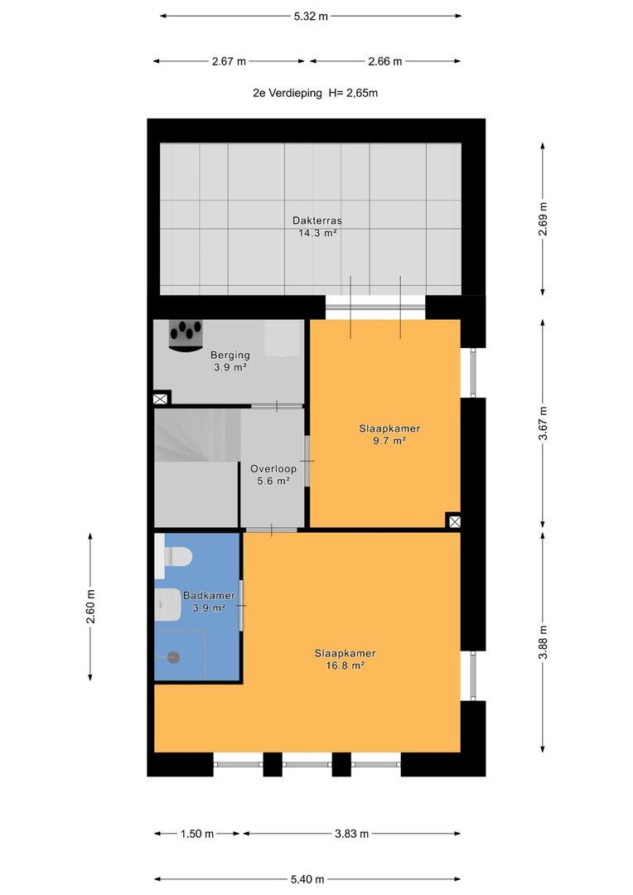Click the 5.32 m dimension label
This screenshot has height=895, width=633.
pyautogui.click(x=311, y=17)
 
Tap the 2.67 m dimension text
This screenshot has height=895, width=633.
pyautogui.click(x=229, y=61)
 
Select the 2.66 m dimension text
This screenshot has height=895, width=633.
pyautogui.click(x=385, y=61)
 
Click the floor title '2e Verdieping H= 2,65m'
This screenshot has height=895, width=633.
pyautogui.click(x=315, y=93)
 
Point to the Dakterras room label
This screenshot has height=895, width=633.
pyautogui.click(x=317, y=220)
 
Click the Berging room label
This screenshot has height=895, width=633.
pyautogui.click(x=230, y=355)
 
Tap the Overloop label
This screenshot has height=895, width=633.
pyautogui.click(x=273, y=468)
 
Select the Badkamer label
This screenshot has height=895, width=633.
pyautogui.click(x=209, y=595)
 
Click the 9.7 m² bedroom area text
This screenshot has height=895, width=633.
pyautogui.click(x=389, y=441)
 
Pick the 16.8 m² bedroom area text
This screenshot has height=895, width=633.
pyautogui.click(x=345, y=665)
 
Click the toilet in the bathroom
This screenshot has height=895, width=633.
pyautogui.click(x=174, y=555)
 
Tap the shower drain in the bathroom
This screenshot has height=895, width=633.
pyautogui.click(x=174, y=657)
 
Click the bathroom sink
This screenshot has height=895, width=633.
pyautogui.click(x=168, y=604)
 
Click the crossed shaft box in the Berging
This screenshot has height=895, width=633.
pyautogui.click(x=161, y=399)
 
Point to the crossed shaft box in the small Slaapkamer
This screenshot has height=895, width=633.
pyautogui.click(x=454, y=520)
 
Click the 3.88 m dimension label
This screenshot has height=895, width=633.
pyautogui.click(x=543, y=642)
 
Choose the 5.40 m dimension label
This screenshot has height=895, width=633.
pyautogui.click(x=307, y=879)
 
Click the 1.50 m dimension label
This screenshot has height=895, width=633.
pyautogui.click(x=197, y=834)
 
